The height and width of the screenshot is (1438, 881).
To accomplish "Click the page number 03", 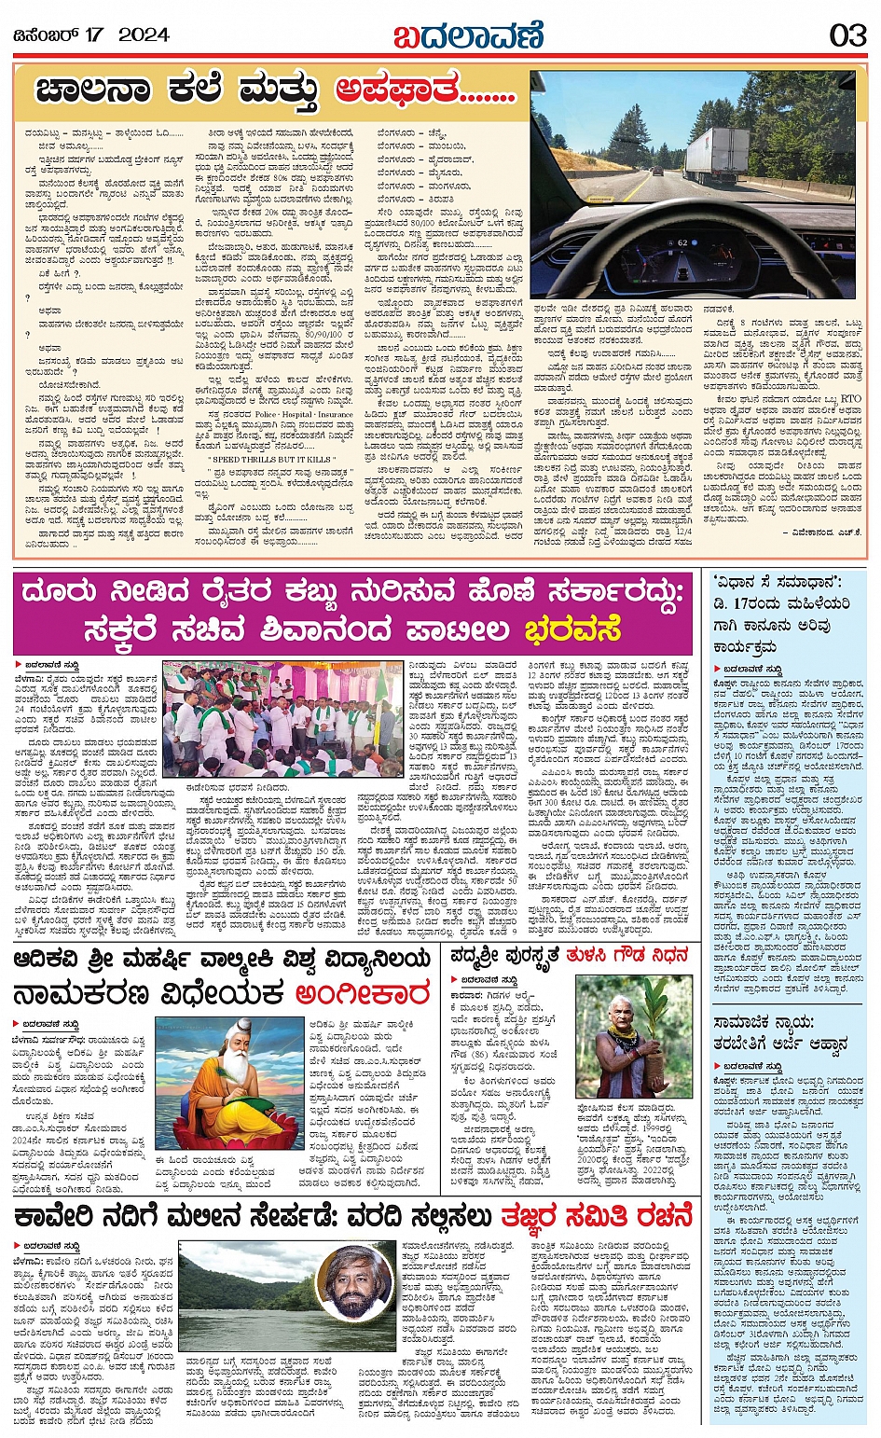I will pyautogui.click(x=847, y=35).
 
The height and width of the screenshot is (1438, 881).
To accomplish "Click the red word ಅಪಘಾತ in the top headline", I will pyautogui.click(x=398, y=90).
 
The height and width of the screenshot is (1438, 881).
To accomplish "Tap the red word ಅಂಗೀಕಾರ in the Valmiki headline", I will pyautogui.click(x=362, y=994).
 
